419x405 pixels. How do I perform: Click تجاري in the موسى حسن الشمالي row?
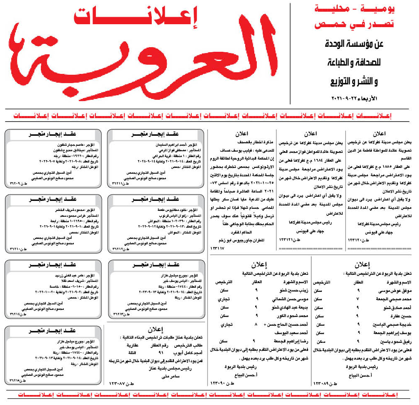[x=223, y=299]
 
